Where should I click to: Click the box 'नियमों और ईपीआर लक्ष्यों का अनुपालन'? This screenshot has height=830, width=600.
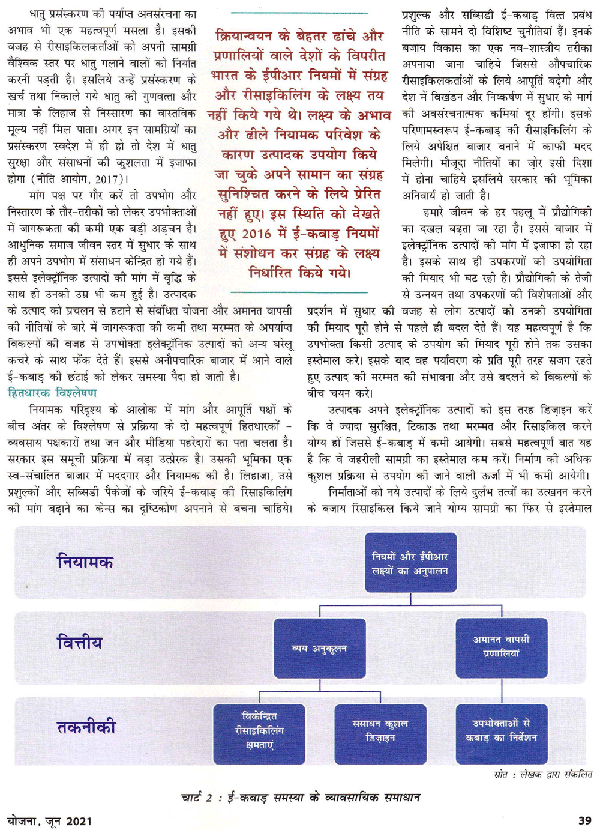coord(410,563)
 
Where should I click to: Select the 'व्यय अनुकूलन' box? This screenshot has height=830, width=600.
coord(319,649)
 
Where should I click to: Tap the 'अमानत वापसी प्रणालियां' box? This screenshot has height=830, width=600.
coord(501,647)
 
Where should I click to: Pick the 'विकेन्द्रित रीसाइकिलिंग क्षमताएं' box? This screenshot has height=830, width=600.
coord(259,731)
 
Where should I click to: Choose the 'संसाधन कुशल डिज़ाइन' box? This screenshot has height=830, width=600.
coord(380,731)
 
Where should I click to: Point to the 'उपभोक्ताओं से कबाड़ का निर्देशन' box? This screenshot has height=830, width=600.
coord(501,730)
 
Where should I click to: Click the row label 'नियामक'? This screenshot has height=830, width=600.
coord(85,562)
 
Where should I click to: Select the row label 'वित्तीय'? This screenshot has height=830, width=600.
coord(79,643)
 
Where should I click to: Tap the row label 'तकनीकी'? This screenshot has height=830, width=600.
coord(86,727)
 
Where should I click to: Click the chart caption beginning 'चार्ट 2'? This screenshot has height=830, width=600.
coord(300,798)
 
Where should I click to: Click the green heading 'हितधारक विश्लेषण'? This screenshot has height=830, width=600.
coord(52,393)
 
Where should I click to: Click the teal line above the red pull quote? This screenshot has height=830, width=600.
coord(299,13)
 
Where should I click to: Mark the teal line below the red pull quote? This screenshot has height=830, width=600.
coord(299,292)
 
